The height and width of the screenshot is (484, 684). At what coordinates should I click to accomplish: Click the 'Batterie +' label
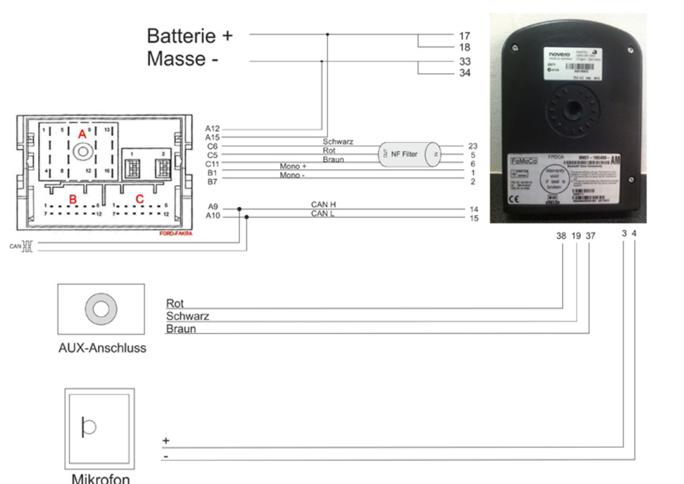(x=189, y=35)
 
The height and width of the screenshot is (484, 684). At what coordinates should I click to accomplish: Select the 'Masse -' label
(x=182, y=59)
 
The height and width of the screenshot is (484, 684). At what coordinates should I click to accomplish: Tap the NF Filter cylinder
(x=409, y=154)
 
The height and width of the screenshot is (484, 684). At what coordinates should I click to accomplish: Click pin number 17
(x=464, y=35)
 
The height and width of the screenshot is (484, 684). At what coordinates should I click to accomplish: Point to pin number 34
(x=464, y=73)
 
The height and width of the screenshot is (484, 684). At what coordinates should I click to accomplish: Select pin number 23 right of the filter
(x=472, y=146)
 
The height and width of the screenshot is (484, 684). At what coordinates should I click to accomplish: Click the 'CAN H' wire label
(x=324, y=204)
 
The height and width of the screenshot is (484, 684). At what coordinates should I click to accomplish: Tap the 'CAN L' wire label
(x=323, y=213)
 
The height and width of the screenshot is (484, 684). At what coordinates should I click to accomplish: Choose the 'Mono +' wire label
(x=293, y=166)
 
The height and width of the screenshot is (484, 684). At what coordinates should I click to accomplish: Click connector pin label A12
(x=213, y=129)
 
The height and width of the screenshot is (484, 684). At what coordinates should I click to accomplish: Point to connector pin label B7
(x=212, y=182)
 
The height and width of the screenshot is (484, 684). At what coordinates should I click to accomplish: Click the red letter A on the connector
(x=82, y=134)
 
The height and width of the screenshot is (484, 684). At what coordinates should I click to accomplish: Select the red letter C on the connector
(x=139, y=199)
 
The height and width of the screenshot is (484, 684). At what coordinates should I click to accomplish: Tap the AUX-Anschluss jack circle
(x=99, y=309)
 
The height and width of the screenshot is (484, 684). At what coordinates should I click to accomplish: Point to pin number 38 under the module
(x=561, y=236)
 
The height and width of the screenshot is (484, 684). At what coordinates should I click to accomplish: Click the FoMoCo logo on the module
(x=523, y=162)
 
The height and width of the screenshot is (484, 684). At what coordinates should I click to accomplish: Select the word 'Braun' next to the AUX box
(x=181, y=329)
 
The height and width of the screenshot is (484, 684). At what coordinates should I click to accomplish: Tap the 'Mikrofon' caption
(x=101, y=478)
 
